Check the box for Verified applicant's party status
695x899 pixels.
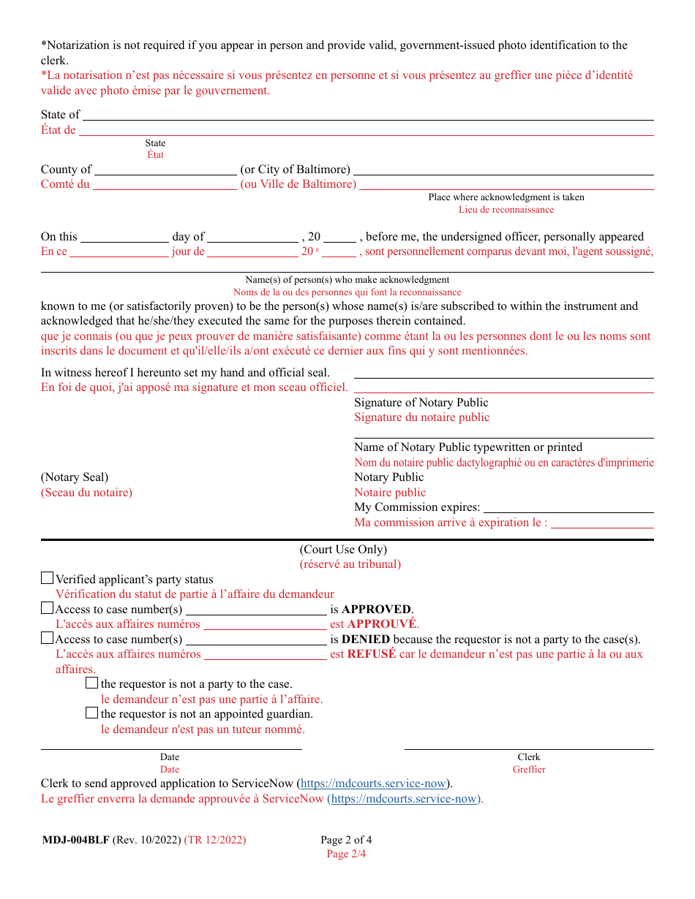coord(47,578)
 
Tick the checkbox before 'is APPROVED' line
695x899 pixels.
coord(47,608)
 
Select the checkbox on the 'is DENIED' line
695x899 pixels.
coord(47,638)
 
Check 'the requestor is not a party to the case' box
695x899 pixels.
coord(91,683)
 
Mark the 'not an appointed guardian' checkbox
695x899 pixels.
coord(91,713)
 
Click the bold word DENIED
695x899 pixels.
coord(366,640)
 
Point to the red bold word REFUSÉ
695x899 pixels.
coord(372,654)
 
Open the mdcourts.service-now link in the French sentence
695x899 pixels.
coord(404,799)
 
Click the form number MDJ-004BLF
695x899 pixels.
coord(75,840)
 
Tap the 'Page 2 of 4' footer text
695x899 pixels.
coord(346,840)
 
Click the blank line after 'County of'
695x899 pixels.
coord(165,170)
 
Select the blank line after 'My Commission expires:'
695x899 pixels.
coord(568,508)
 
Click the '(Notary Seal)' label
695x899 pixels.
coord(75,477)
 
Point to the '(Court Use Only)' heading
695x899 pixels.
coord(343,550)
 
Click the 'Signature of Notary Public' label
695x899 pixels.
coord(421,403)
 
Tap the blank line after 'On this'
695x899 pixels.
coord(124,238)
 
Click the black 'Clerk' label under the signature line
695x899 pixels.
coord(529,757)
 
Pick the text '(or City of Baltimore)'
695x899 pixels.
coord(296,170)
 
